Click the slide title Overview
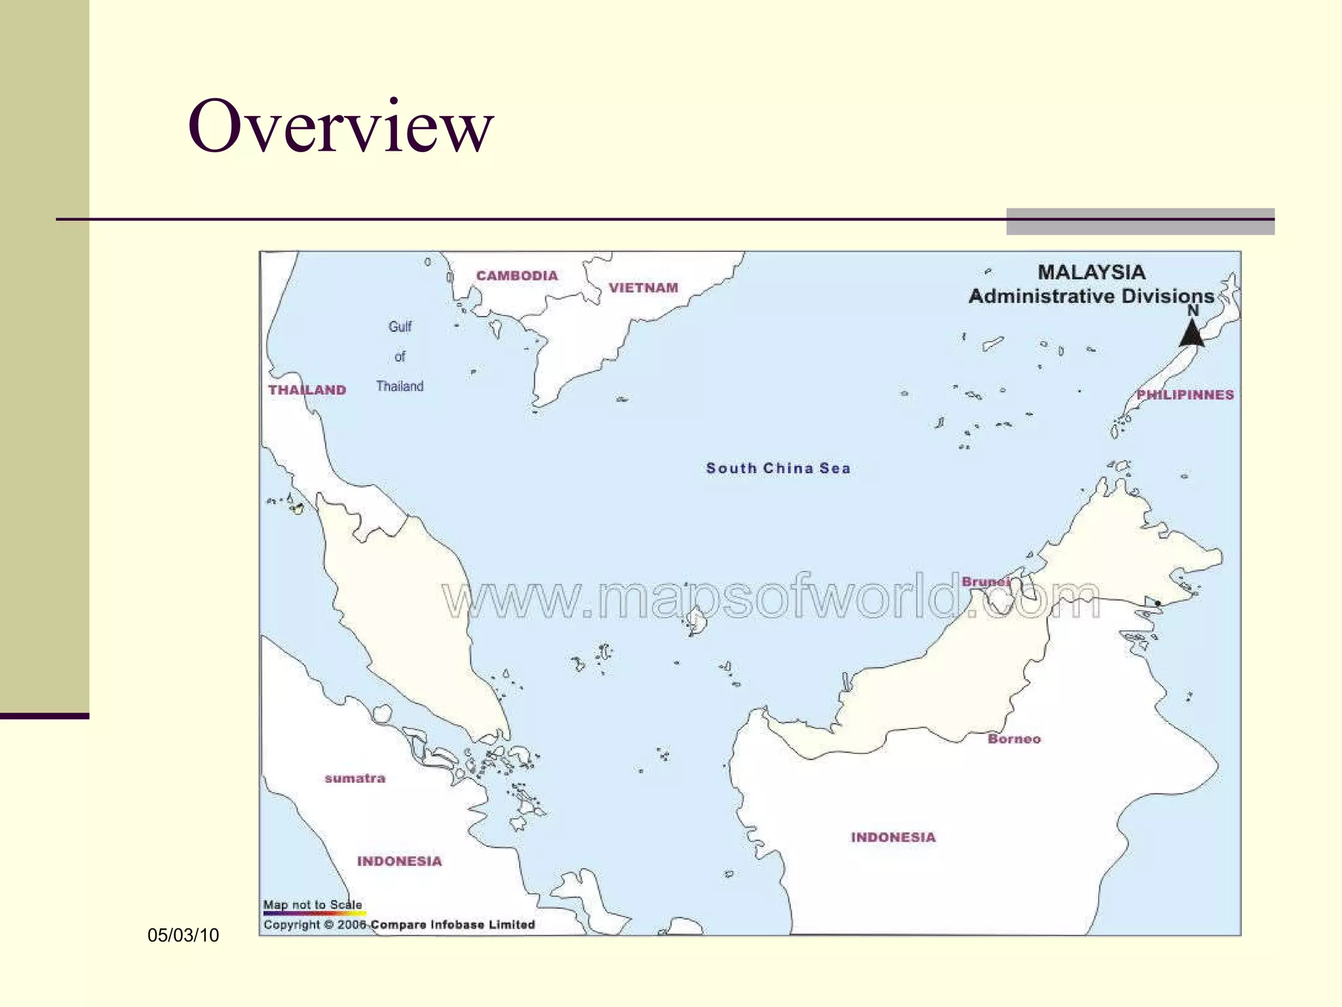coord(340,126)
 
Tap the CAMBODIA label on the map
coord(517,276)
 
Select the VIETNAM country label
coord(643,288)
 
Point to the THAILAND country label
coord(307,390)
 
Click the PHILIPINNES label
coord(1185,395)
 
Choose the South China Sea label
coord(778,468)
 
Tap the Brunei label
coord(985,582)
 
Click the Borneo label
coord(1014,739)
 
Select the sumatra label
coord(355,778)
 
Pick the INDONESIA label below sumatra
coord(399,861)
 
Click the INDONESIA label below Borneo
coord(893,837)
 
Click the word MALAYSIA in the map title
coord(1091,272)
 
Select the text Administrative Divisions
coord(1091,296)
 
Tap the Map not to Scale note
coord(313,905)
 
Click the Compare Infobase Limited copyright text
coord(452,924)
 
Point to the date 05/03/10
coord(183,935)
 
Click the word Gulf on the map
coord(400,326)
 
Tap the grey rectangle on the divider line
coord(1140,222)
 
